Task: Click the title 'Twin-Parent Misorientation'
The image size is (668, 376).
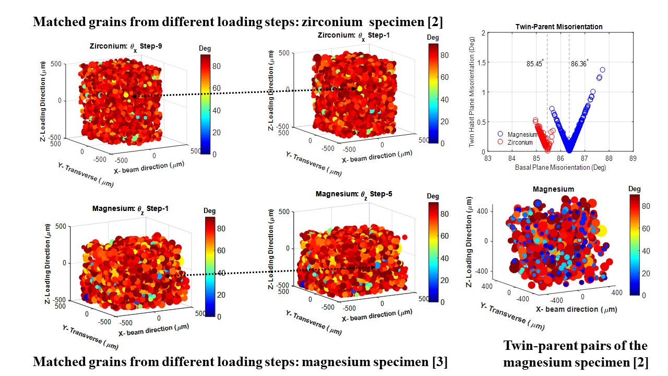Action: [558, 27]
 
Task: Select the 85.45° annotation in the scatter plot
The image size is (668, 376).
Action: [535, 64]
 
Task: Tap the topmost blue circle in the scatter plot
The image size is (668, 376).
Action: [602, 69]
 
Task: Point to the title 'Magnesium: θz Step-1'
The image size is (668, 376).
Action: [130, 209]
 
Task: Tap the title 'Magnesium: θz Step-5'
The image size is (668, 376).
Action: [354, 194]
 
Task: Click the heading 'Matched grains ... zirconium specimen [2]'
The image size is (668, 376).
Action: [238, 22]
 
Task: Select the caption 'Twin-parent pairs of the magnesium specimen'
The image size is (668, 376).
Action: [575, 354]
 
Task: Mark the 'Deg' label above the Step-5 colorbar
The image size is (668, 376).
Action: [433, 196]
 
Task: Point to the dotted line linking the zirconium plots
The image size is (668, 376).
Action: [245, 93]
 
